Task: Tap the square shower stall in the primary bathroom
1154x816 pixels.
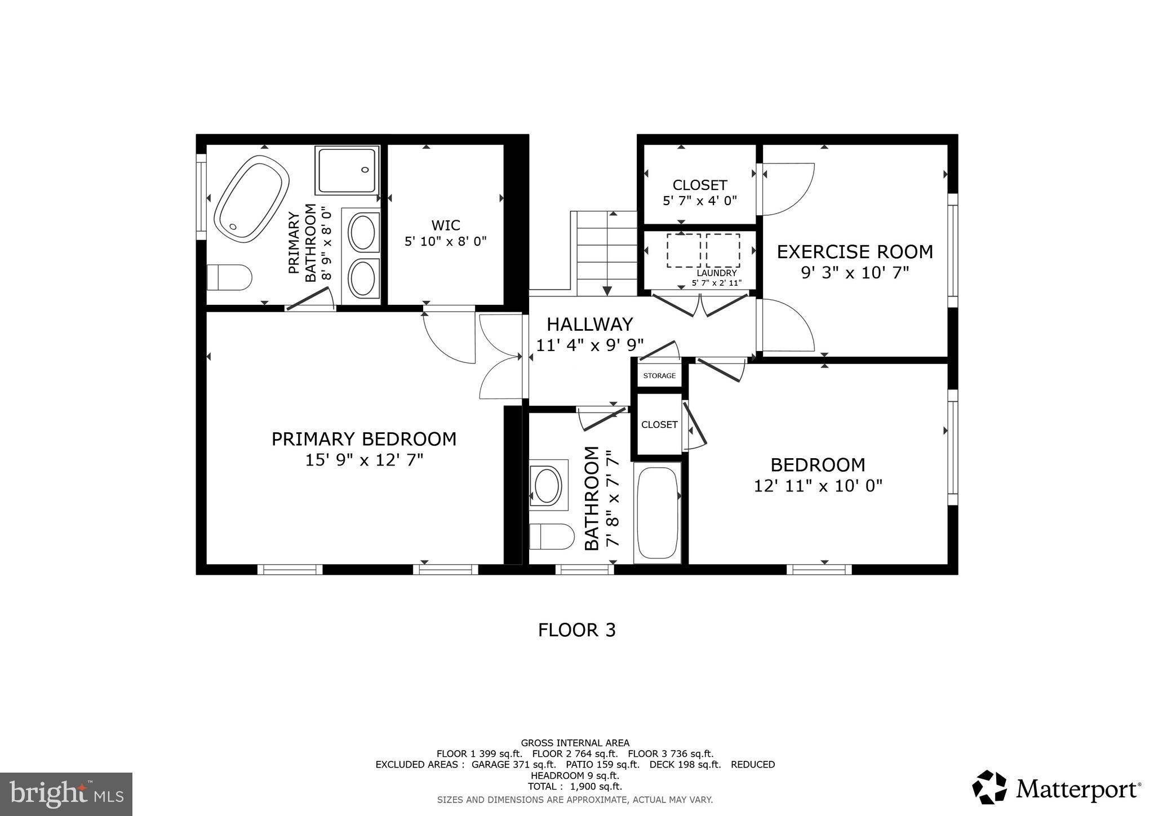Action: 347,170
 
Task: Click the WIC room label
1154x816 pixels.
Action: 446,225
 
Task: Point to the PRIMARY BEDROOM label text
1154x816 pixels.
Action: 364,439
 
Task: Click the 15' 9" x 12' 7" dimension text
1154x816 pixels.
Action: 364,460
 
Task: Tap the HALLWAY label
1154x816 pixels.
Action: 589,324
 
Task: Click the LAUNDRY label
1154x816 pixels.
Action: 717,273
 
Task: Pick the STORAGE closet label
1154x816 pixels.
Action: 659,376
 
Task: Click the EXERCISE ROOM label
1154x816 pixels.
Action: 855,252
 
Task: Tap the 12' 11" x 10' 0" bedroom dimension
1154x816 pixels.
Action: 818,486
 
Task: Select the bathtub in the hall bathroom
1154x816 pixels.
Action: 657,512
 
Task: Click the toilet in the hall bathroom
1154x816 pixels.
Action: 552,536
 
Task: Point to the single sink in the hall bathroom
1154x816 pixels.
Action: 547,485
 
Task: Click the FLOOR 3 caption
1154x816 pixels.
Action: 576,630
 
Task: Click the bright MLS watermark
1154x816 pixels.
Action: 66,794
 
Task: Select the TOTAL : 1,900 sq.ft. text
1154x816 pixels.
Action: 575,787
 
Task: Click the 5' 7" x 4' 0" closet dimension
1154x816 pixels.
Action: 700,201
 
